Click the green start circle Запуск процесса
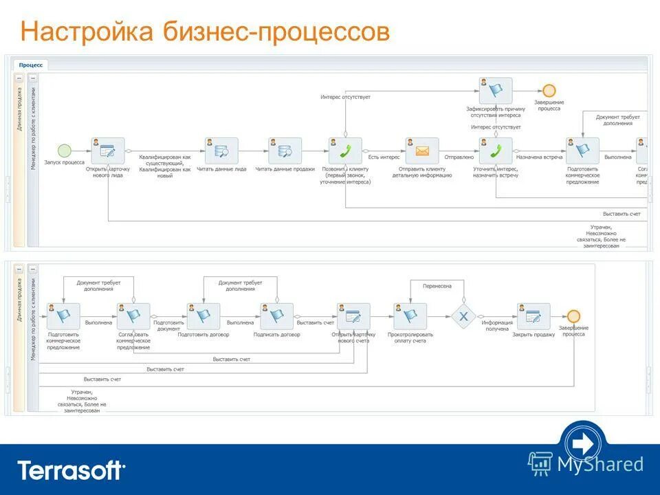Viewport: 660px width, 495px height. pyautogui.click(x=65, y=151)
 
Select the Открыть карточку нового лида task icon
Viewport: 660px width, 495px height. pyautogui.click(x=108, y=151)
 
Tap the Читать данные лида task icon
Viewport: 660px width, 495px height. pyautogui.click(x=221, y=151)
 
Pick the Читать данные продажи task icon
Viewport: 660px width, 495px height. pyautogui.click(x=285, y=151)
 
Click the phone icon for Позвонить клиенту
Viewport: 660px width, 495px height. pyautogui.click(x=345, y=151)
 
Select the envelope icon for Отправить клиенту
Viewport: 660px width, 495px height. pyautogui.click(x=422, y=151)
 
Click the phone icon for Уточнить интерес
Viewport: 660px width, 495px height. pyautogui.click(x=496, y=151)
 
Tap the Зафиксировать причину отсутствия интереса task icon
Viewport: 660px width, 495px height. pyautogui.click(x=496, y=90)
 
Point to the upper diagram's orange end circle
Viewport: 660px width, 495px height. pyautogui.click(x=549, y=90)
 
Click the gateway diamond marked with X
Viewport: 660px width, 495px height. pyautogui.click(x=463, y=316)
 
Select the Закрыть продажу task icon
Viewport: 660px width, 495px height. pyautogui.click(x=534, y=316)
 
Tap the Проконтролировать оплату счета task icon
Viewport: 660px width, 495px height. pyautogui.click(x=410, y=316)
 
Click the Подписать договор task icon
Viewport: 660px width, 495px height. pyautogui.click(x=277, y=316)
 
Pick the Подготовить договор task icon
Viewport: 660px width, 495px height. pyautogui.click(x=203, y=316)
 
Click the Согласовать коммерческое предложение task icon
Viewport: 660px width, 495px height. pyautogui.click(x=133, y=316)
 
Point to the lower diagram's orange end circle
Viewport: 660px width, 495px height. pyautogui.click(x=573, y=316)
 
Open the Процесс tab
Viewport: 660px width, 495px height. pyautogui.click(x=31, y=65)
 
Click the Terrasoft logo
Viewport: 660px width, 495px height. pyautogui.click(x=71, y=470)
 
